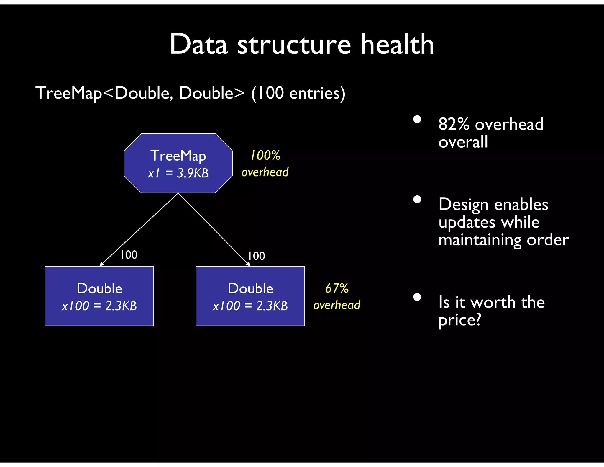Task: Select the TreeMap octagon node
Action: (x=178, y=163)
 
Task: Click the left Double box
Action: (x=99, y=296)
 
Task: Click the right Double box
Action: (x=250, y=296)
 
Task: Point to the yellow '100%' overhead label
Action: (x=265, y=156)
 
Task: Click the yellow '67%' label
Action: (x=337, y=288)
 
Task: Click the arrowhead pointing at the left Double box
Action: (x=102, y=264)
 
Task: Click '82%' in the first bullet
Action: (x=454, y=124)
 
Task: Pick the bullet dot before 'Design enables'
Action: (x=417, y=200)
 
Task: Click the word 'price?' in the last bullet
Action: (x=460, y=320)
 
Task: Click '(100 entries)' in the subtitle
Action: (x=298, y=93)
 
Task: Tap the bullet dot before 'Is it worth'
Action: (x=417, y=297)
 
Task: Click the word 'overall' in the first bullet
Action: (x=463, y=142)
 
